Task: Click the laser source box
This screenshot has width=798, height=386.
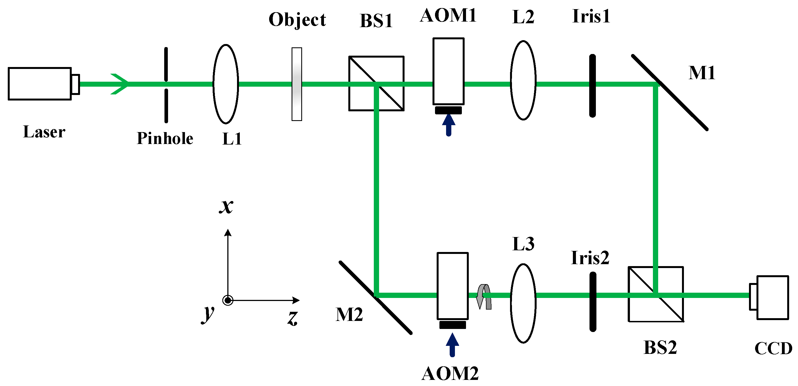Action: click(x=40, y=84)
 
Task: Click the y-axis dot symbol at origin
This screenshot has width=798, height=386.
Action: click(x=228, y=300)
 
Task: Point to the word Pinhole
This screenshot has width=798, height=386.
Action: click(x=165, y=138)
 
